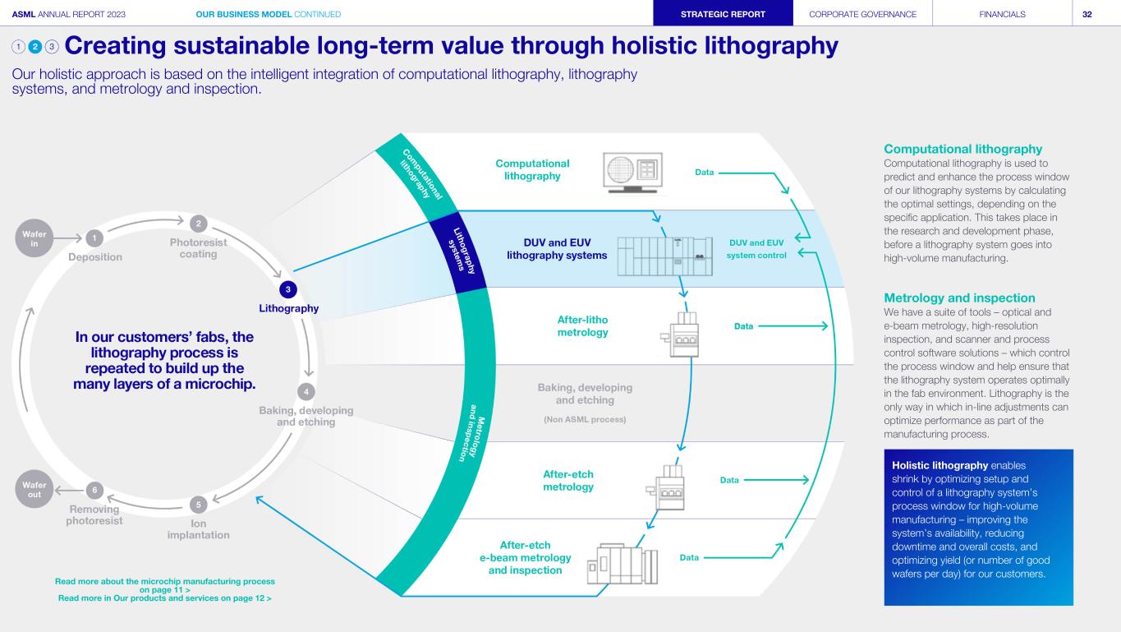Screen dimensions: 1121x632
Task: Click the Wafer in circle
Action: (34, 238)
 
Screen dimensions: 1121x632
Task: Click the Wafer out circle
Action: (34, 489)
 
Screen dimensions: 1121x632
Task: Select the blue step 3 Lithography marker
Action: (287, 289)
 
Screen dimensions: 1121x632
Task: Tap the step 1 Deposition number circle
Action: (94, 238)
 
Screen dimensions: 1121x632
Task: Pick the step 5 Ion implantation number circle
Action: (198, 505)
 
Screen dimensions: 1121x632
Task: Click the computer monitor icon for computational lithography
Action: (632, 173)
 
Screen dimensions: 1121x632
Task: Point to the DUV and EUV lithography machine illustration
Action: (665, 256)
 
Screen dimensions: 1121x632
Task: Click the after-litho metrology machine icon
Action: (681, 334)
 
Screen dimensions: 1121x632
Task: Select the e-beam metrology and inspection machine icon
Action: (623, 564)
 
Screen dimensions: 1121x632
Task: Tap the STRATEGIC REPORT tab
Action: (723, 14)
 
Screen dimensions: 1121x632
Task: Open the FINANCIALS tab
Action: (1002, 14)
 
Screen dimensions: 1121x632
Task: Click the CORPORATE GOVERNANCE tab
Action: (863, 14)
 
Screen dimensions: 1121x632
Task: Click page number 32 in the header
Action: (1087, 15)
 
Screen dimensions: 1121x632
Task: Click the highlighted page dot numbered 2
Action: (35, 47)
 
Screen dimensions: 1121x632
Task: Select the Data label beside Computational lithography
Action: (704, 173)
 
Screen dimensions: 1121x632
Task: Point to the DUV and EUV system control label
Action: (756, 249)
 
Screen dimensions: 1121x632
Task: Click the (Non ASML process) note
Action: (585, 419)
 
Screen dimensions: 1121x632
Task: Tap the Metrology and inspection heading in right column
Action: (959, 298)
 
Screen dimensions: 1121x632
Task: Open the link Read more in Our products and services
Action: (164, 598)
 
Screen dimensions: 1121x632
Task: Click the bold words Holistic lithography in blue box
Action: (940, 465)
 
